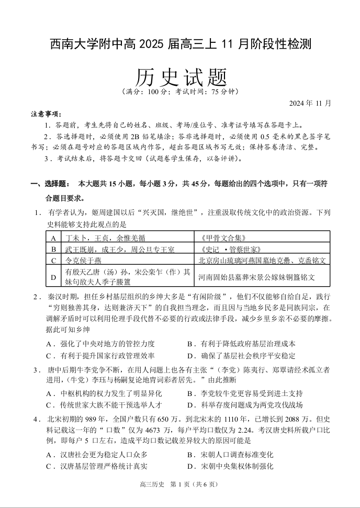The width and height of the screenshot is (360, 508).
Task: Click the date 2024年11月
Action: click(310, 103)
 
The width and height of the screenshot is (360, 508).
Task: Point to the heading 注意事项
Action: click(46, 114)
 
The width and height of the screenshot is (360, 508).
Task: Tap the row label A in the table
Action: click(54, 238)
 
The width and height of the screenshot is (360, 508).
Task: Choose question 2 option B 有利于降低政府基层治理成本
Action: click(241, 344)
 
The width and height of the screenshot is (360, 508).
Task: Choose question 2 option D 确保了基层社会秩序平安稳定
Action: click(241, 355)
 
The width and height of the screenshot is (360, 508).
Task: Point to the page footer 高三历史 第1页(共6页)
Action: click(179, 484)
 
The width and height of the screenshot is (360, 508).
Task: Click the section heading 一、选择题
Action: click(50, 184)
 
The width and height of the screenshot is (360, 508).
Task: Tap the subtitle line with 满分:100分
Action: click(179, 92)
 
